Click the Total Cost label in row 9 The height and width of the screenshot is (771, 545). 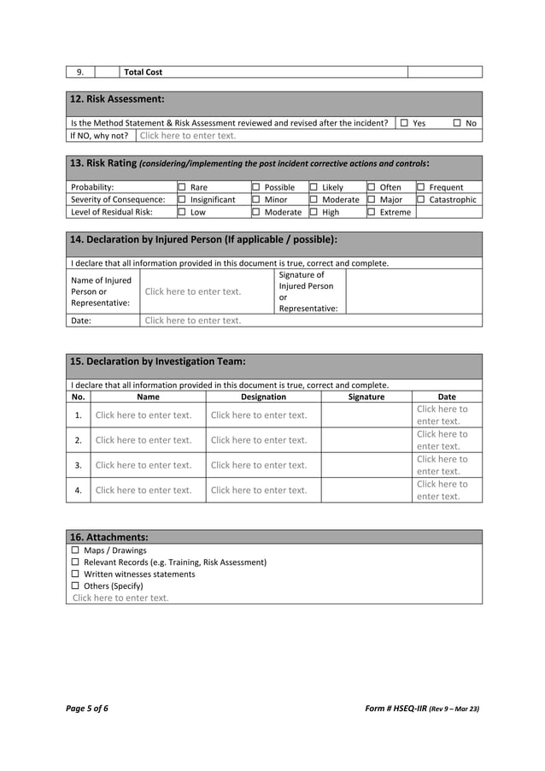(144, 72)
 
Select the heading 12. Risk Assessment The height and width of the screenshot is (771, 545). (116, 99)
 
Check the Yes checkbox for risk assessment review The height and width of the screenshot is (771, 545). (404, 123)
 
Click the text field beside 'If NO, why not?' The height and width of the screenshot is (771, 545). (188, 135)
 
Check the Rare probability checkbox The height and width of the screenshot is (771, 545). (181, 187)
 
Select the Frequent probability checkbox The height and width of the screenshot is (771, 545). (420, 187)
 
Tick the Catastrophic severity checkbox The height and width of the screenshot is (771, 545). (420, 199)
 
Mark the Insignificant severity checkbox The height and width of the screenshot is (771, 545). (181, 199)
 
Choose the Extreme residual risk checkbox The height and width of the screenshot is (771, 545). (372, 212)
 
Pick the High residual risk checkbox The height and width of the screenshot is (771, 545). (314, 212)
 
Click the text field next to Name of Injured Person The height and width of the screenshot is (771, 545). (193, 291)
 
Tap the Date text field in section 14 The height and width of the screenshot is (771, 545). (193, 321)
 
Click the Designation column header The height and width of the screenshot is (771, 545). (263, 397)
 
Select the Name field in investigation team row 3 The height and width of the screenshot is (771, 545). (144, 465)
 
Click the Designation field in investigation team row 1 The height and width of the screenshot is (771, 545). (259, 415)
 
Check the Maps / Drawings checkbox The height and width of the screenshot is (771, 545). (75, 550)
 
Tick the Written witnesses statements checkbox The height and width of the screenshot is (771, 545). (75, 574)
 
